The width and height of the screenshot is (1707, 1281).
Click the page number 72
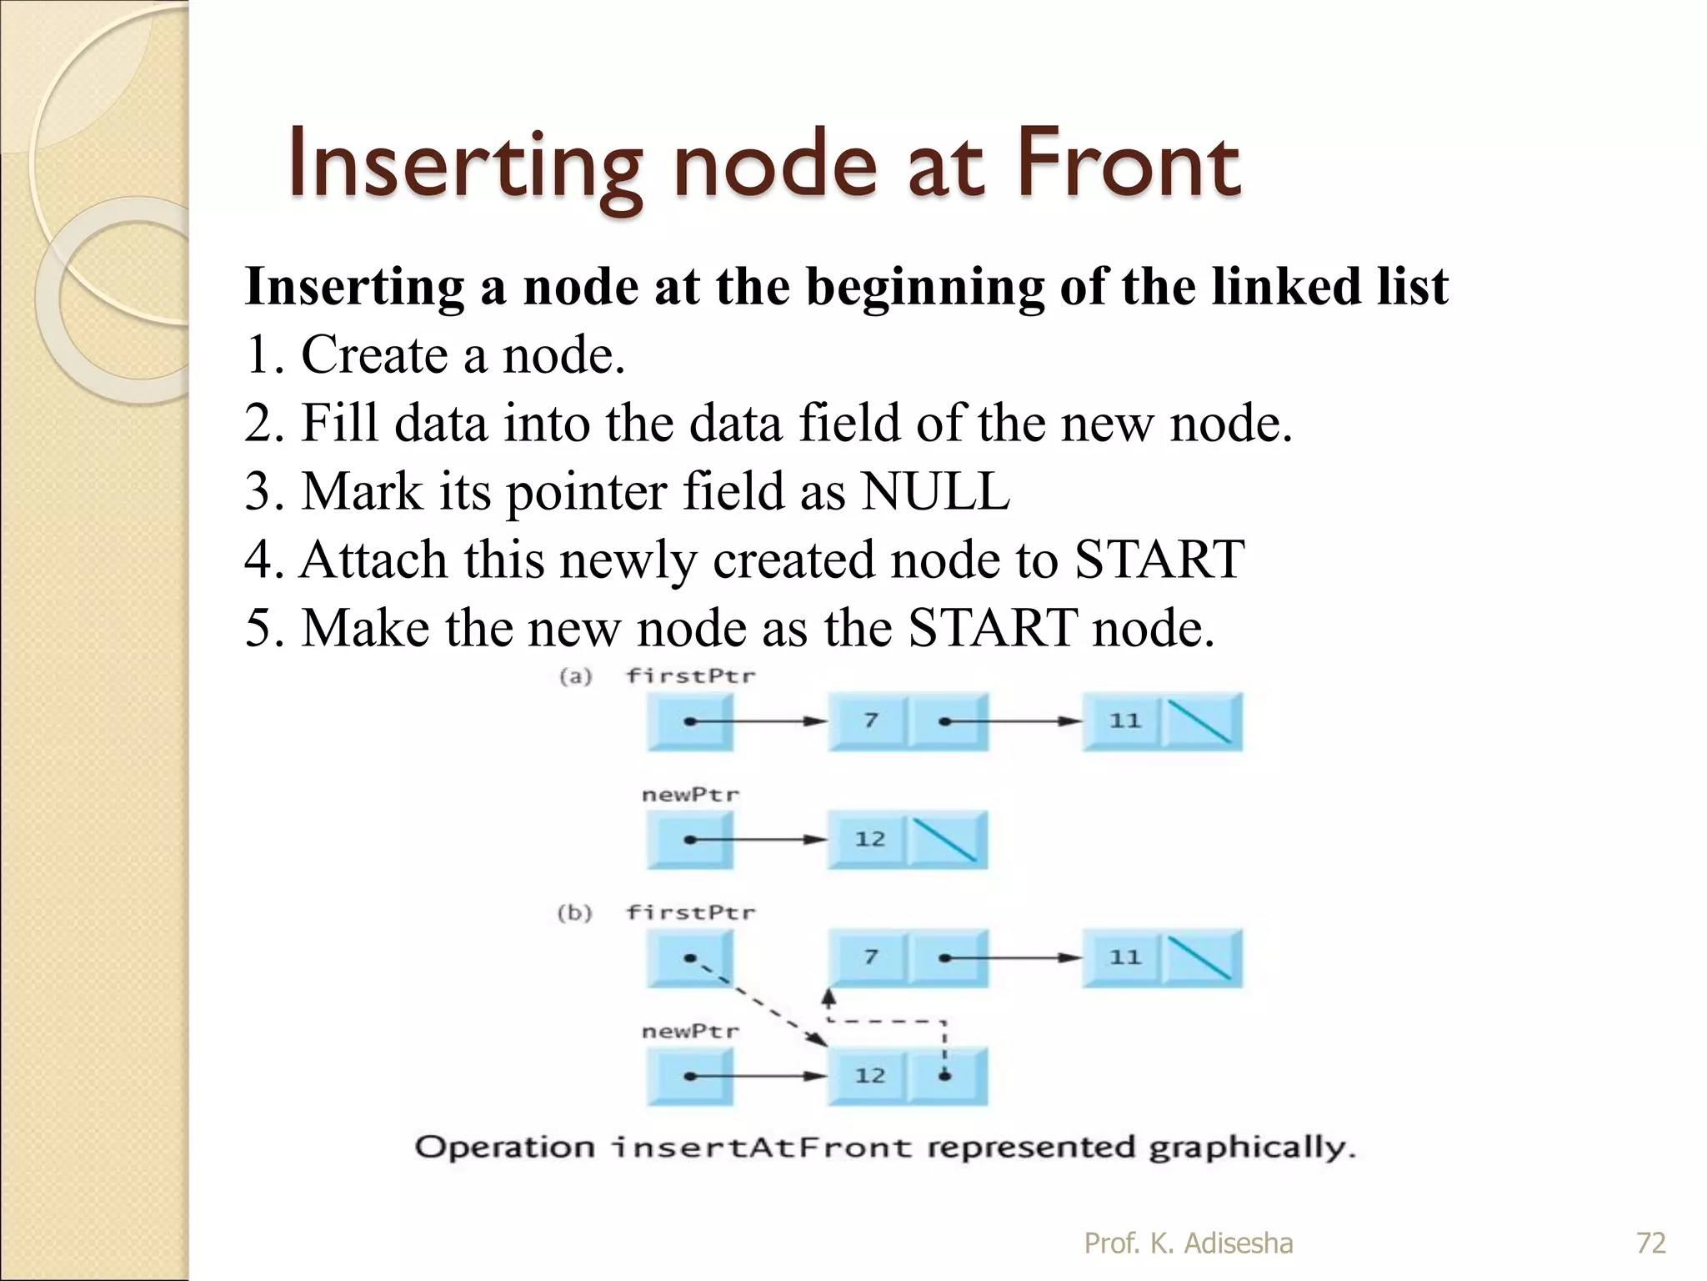pyautogui.click(x=1650, y=1243)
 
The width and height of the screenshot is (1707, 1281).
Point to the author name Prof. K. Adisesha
pyautogui.click(x=1188, y=1243)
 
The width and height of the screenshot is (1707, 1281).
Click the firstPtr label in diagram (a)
pyautogui.click(x=691, y=676)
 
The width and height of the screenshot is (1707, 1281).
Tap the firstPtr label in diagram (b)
pyautogui.click(x=691, y=912)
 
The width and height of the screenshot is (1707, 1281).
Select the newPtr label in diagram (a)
pyautogui.click(x=690, y=795)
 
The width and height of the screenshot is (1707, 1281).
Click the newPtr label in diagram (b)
pyautogui.click(x=690, y=1032)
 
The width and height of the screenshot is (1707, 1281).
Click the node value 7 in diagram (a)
pyautogui.click(x=870, y=721)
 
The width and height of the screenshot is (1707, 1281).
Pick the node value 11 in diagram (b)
pyautogui.click(x=1124, y=957)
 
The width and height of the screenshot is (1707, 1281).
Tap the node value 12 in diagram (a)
pyautogui.click(x=869, y=839)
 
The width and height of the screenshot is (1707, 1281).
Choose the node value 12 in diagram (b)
pyautogui.click(x=869, y=1076)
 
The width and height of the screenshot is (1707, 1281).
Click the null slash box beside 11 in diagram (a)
pyautogui.click(x=1200, y=721)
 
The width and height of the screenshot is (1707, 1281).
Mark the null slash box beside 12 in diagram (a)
pyautogui.click(x=946, y=840)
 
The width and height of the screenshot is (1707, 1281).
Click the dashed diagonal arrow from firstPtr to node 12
pyautogui.click(x=758, y=1003)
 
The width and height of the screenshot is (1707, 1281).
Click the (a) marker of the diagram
pyautogui.click(x=575, y=676)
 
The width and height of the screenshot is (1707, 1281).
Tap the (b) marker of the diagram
pyautogui.click(x=574, y=912)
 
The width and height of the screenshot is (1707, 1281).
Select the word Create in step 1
pyautogui.click(x=374, y=354)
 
